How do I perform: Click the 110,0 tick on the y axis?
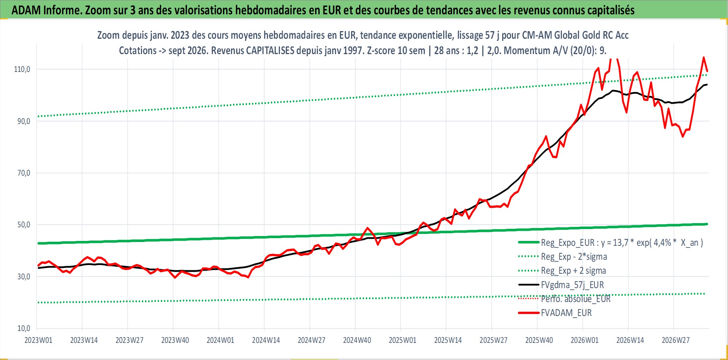tap(22, 69)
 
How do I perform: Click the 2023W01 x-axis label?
tap(38, 340)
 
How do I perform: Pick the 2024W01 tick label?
tap(221, 340)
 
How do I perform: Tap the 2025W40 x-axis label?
tap(539, 340)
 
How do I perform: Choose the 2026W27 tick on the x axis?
tap(676, 340)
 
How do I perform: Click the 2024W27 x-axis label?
tap(312, 340)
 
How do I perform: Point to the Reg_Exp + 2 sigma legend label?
tap(573, 271)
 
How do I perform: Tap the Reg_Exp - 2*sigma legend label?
tap(574, 257)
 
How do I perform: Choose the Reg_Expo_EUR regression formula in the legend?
tap(622, 243)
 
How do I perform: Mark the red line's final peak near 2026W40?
tap(704, 57)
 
